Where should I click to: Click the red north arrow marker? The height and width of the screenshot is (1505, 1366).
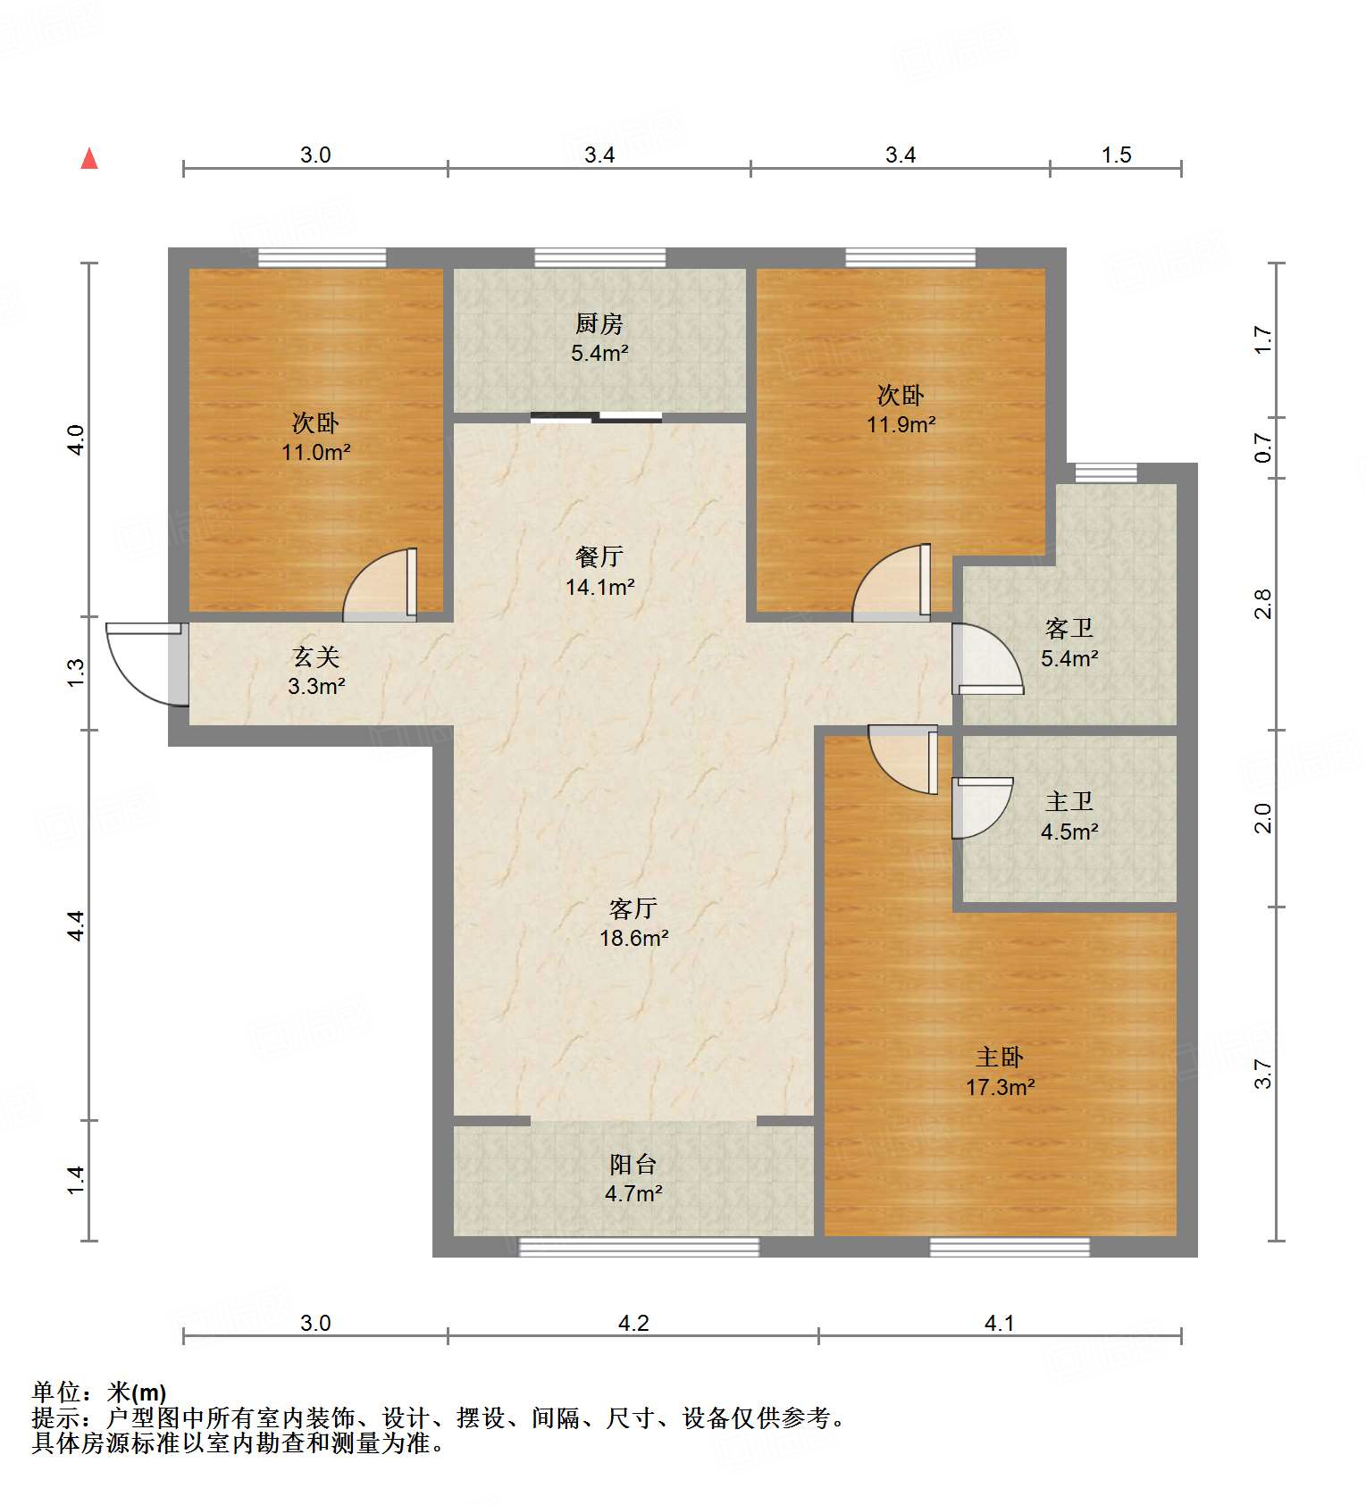point(89,159)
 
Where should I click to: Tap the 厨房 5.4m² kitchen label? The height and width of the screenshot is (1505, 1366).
point(599,338)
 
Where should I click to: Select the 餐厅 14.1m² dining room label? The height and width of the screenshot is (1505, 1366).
point(599,572)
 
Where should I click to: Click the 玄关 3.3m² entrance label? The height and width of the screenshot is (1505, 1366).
point(316,672)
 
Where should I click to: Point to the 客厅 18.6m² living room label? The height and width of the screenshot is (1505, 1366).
point(633,923)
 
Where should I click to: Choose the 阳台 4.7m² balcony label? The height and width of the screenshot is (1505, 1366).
point(633,1178)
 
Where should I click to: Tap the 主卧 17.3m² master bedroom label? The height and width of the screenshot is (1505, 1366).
point(1000,1072)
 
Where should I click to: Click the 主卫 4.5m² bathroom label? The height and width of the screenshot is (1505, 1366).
point(1069,816)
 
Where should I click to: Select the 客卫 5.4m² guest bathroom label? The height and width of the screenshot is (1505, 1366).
point(1069,643)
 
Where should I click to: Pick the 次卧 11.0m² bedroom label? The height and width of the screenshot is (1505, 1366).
point(316,437)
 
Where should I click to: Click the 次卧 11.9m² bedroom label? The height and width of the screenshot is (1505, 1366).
point(901,409)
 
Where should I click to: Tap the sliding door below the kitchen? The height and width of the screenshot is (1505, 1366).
point(596,416)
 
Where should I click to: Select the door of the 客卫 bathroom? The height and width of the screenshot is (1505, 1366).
point(985,659)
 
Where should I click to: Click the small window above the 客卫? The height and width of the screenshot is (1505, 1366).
point(1106,472)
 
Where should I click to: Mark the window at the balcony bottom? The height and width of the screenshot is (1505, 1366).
point(639,1247)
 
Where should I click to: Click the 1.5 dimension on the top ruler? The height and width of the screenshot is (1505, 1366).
point(1116,155)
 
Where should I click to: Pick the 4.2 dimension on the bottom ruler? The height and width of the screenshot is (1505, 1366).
point(633,1323)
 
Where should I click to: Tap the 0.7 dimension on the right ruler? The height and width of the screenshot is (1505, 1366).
point(1262,447)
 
